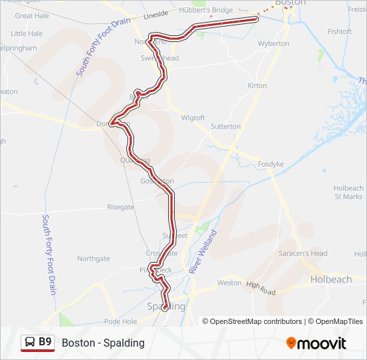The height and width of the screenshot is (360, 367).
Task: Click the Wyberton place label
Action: point(274,43)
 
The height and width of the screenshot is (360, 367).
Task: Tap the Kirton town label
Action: point(257,85)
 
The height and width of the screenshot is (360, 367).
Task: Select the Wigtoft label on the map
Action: point(194,118)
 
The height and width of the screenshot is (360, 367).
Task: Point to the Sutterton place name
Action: point(226,126)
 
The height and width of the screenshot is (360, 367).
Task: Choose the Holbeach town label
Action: point(331,279)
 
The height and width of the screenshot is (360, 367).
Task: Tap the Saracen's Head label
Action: point(303,253)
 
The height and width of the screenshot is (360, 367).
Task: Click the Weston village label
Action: point(229,283)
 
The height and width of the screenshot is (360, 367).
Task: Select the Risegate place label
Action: point(121,207)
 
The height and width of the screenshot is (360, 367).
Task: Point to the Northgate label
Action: point(93,259)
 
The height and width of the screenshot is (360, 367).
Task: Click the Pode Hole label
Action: point(120,321)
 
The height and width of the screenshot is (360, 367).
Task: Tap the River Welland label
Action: point(203,252)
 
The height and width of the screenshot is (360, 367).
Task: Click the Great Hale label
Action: point(31,15)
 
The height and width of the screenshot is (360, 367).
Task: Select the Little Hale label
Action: point(27,33)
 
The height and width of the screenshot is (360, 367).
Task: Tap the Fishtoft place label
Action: point(340,31)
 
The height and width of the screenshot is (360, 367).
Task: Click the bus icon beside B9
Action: point(29,343)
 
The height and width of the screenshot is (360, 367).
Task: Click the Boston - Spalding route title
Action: point(103,343)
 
